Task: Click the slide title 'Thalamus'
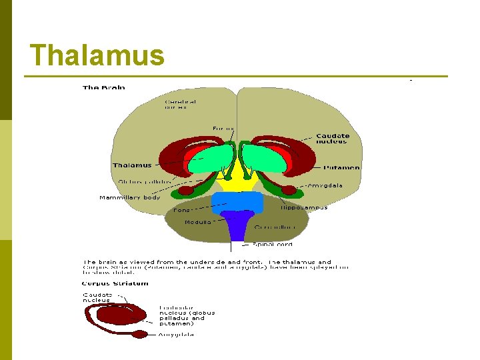pyautogui.click(x=97, y=56)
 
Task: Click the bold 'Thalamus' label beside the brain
pyautogui.click(x=132, y=165)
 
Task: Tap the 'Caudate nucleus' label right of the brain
pyautogui.click(x=332, y=139)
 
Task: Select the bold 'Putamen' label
pyautogui.click(x=342, y=168)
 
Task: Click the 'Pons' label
pyautogui.click(x=181, y=210)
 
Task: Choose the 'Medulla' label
pyautogui.click(x=198, y=222)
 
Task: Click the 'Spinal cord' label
pyautogui.click(x=273, y=245)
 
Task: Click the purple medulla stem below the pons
pyautogui.click(x=238, y=227)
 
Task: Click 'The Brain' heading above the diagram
pyautogui.click(x=103, y=87)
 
